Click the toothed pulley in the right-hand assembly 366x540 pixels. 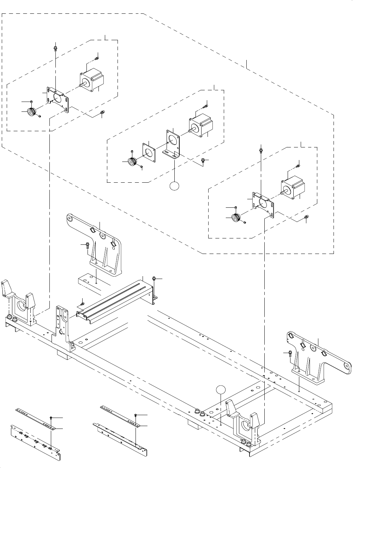(x=237, y=218)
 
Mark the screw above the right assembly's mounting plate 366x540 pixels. (x=261, y=150)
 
